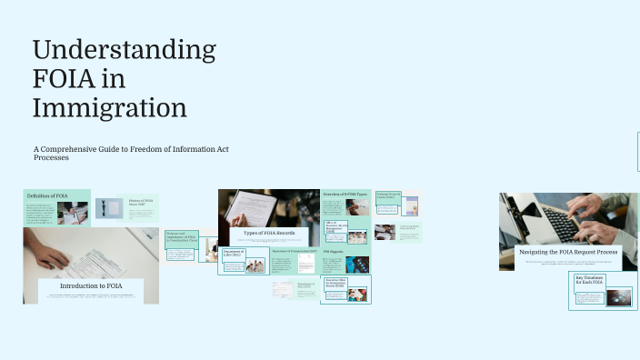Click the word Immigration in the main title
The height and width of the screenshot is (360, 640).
(x=109, y=108)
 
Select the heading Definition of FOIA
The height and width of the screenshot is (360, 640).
(x=47, y=196)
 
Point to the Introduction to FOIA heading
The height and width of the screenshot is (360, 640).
(x=90, y=286)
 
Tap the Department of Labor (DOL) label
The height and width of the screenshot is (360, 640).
(x=232, y=254)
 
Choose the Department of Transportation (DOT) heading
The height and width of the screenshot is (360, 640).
(x=294, y=250)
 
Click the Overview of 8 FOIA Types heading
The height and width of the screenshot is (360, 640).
(x=345, y=195)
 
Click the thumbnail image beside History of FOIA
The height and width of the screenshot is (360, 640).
(x=109, y=208)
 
